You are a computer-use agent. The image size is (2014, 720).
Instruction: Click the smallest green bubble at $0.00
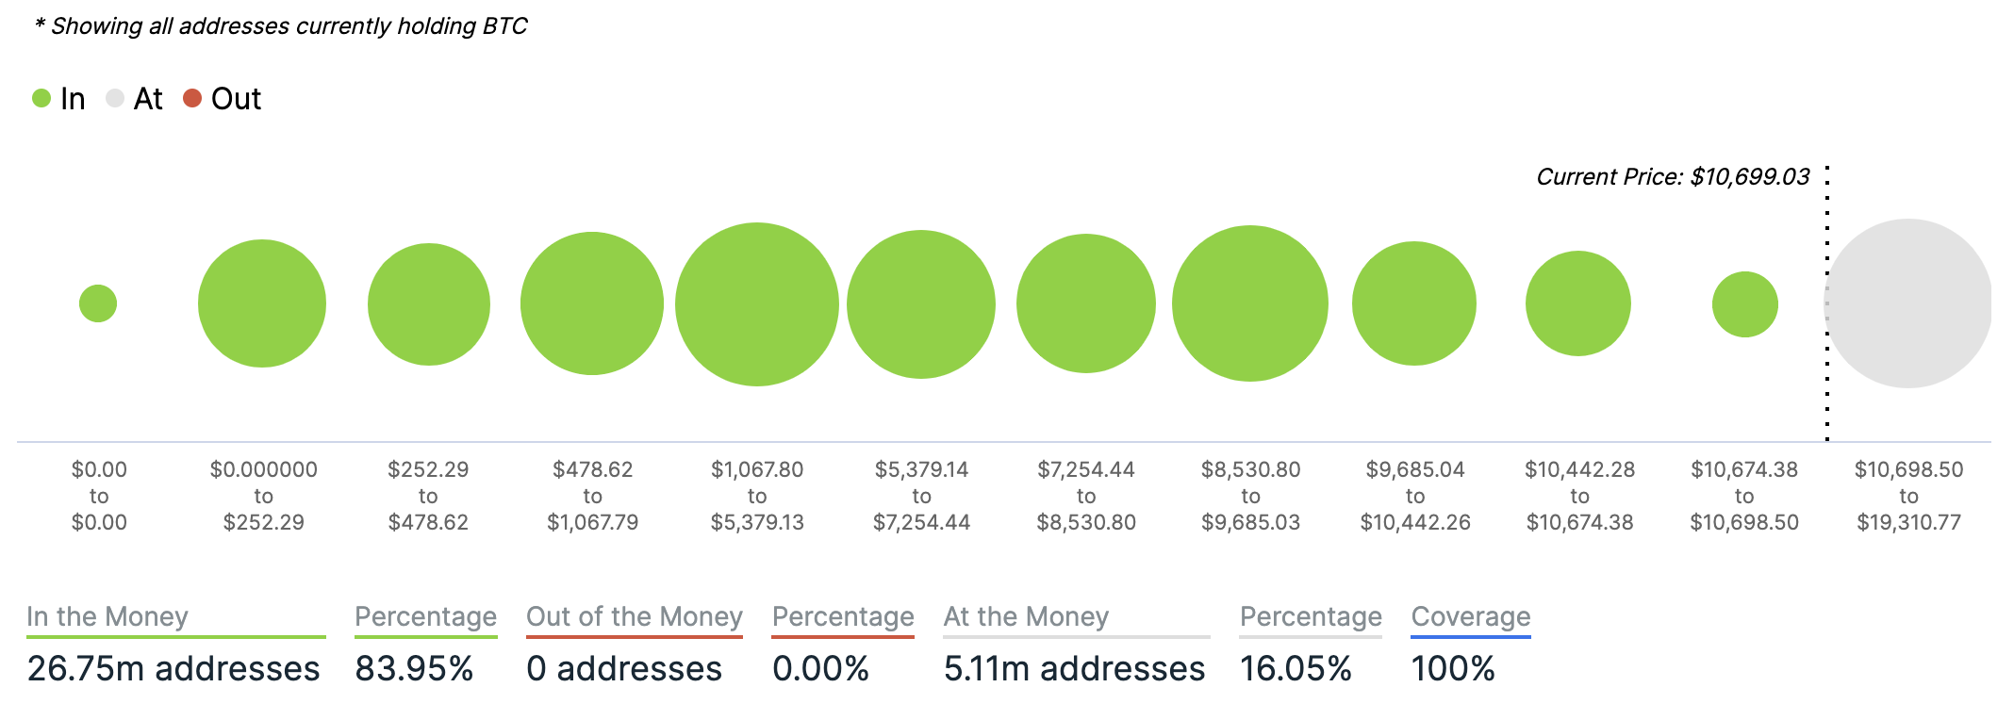tap(98, 303)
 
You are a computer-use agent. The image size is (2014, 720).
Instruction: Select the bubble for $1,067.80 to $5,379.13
tap(757, 304)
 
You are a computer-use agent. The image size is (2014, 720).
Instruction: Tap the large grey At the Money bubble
tap(1908, 303)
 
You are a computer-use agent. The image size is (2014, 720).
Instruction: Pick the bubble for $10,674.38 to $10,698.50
tap(1744, 304)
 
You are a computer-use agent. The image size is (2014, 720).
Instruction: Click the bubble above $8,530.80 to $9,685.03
tap(1250, 303)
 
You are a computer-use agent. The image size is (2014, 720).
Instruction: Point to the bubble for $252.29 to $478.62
tap(429, 304)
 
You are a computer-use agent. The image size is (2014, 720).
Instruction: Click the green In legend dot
tap(41, 98)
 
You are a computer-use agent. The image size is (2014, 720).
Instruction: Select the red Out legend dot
tap(192, 98)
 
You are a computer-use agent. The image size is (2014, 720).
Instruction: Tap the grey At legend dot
tap(115, 98)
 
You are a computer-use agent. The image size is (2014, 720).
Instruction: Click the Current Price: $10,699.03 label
tap(1673, 177)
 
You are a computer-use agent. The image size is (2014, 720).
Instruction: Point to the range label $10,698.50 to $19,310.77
tap(1908, 496)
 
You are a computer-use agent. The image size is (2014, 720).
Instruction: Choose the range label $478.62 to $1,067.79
tap(592, 496)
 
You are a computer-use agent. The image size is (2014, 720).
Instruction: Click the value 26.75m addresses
tap(173, 668)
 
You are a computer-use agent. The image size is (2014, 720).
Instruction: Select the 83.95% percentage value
tap(414, 668)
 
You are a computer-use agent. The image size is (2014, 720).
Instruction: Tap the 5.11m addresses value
tap(1074, 668)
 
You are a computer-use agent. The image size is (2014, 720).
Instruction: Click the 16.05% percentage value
tap(1296, 668)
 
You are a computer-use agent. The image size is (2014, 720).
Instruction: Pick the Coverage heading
tap(1471, 616)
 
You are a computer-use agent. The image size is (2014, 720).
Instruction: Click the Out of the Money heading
tap(635, 616)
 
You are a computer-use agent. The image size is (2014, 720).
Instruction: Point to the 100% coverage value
tap(1453, 668)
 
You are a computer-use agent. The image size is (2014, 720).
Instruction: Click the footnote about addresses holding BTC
tap(281, 26)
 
